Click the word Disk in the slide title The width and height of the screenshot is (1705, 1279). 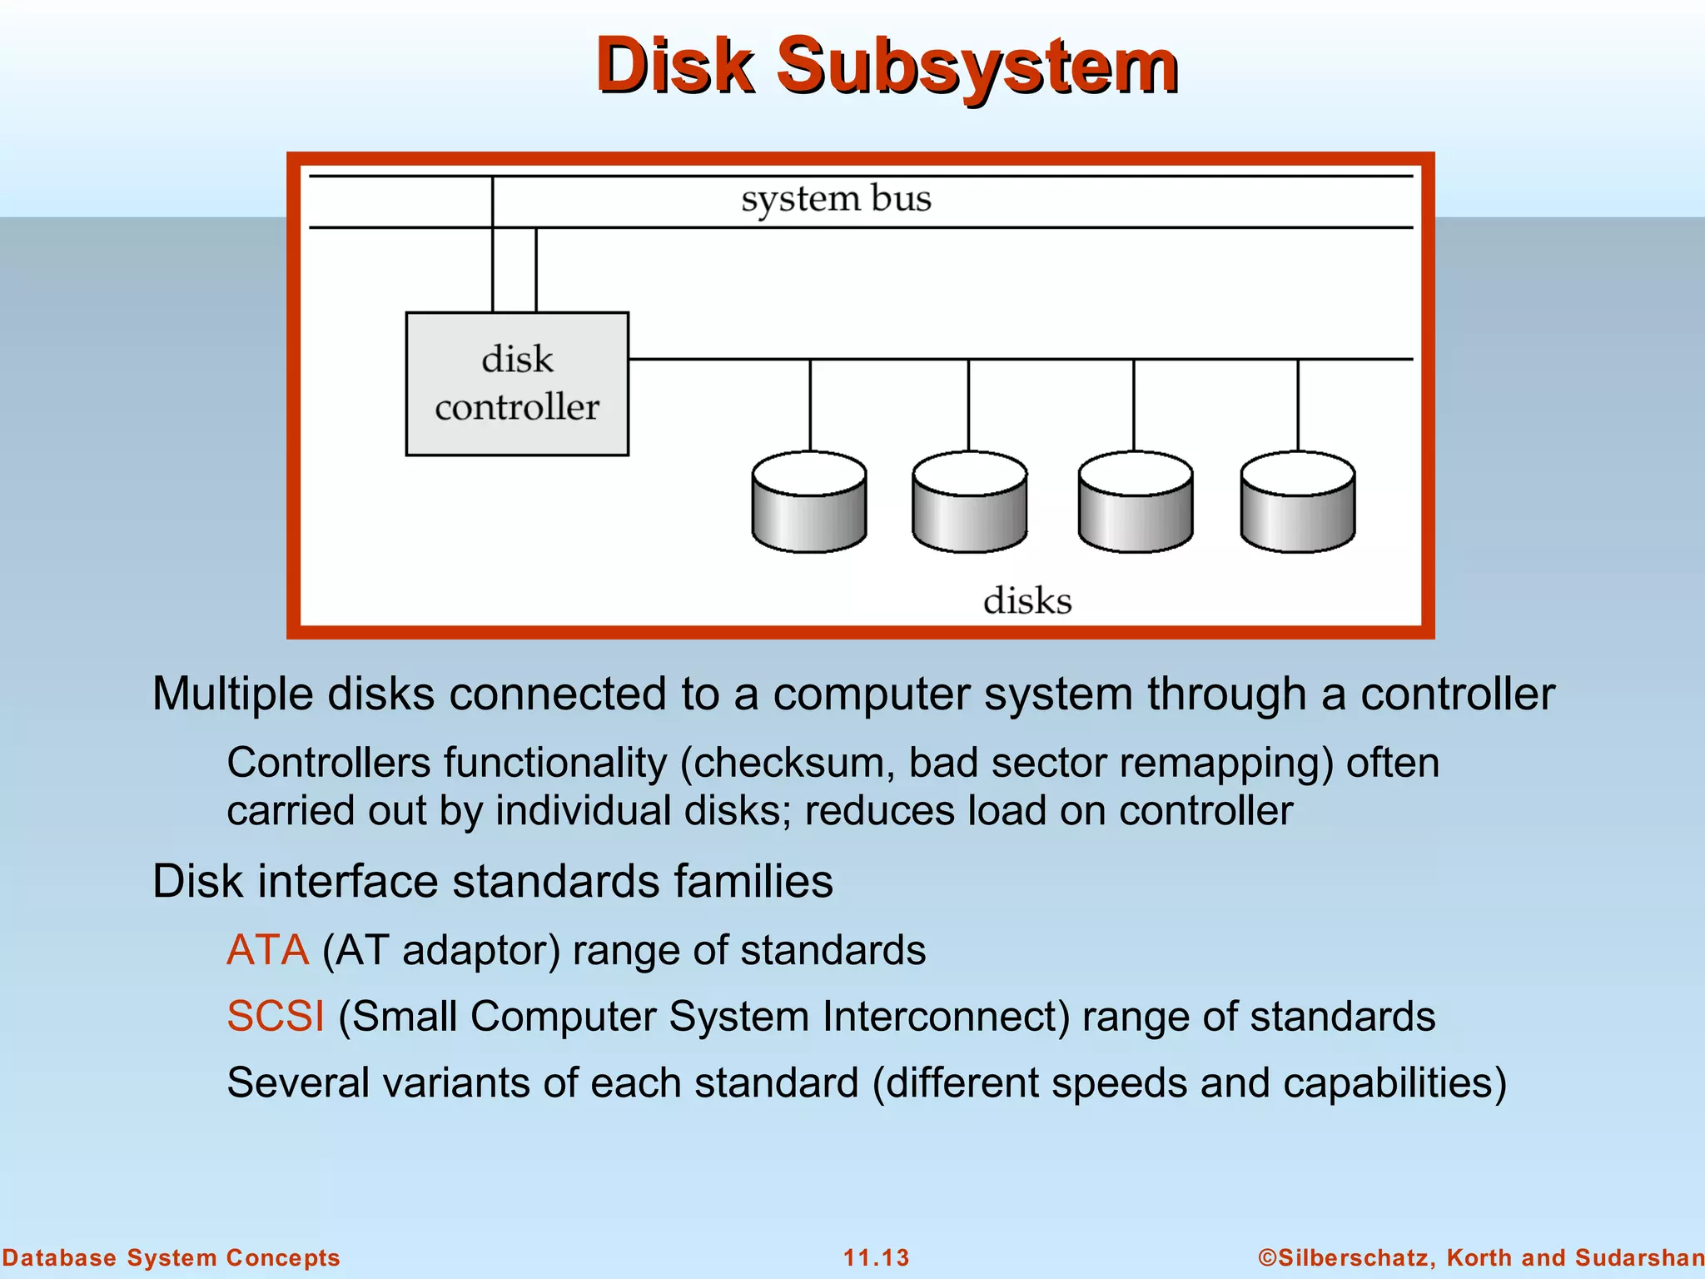674,67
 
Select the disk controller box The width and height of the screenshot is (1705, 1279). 517,384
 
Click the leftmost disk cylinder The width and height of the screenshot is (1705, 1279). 809,502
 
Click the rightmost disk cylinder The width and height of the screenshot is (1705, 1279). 1297,502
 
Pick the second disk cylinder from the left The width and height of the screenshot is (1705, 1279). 969,502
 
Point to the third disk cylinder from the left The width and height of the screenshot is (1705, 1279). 1135,502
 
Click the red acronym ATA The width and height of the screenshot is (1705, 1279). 267,950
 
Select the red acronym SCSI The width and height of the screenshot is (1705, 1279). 276,1017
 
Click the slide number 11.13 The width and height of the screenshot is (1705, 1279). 876,1257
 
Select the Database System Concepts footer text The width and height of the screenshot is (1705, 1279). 171,1257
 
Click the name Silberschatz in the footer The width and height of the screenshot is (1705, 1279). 1351,1257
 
